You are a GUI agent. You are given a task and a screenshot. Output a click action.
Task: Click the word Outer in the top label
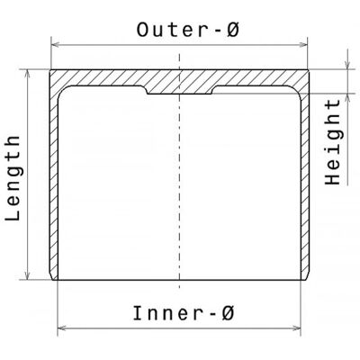(170, 30)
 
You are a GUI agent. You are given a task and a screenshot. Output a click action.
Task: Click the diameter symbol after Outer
(233, 30)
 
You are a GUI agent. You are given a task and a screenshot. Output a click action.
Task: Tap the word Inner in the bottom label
(166, 313)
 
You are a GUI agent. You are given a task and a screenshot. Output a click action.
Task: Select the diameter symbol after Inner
(228, 313)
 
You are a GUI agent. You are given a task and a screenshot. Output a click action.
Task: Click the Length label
(13, 178)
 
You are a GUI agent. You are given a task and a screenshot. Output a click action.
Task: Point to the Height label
(333, 141)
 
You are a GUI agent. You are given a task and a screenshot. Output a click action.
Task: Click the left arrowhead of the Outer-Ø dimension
(56, 45)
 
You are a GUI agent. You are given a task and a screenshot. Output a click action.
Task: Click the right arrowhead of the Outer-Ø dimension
(303, 45)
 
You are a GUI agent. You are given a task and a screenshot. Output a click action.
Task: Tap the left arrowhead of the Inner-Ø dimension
(62, 328)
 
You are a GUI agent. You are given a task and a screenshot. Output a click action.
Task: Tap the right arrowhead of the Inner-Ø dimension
(296, 328)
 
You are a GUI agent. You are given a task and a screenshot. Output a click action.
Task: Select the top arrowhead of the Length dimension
(28, 74)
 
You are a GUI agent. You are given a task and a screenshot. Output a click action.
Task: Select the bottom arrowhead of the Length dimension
(28, 275)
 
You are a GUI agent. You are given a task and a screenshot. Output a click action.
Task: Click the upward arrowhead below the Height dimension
(347, 98)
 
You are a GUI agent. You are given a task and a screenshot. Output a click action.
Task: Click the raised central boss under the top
(179, 90)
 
